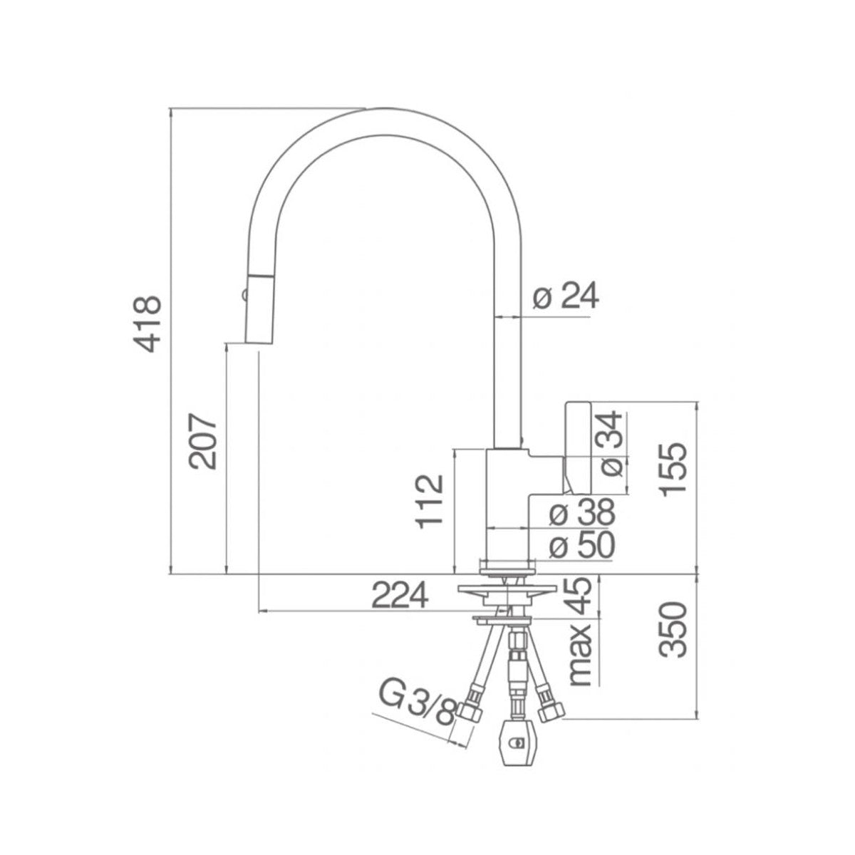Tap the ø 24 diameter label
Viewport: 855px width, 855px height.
click(x=566, y=296)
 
